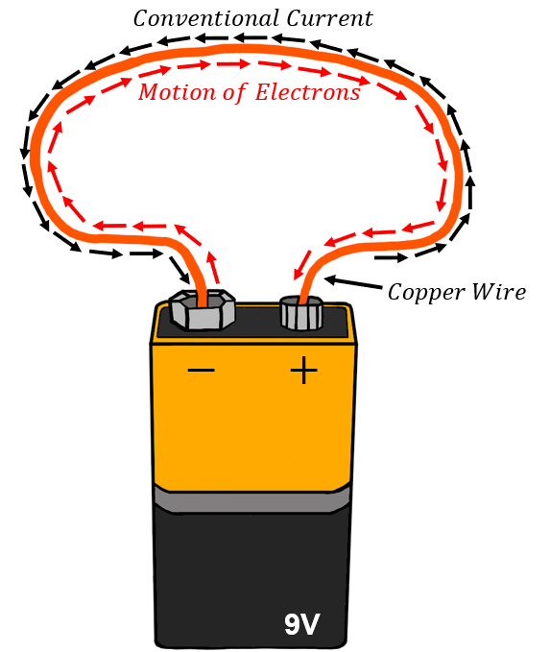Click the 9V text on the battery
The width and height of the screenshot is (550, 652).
pyautogui.click(x=302, y=624)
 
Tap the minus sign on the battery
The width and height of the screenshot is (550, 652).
pyautogui.click(x=202, y=371)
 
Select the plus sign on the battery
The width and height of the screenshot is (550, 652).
pyautogui.click(x=303, y=371)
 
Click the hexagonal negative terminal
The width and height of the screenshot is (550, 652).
pyautogui.click(x=202, y=310)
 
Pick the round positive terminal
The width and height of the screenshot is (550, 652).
pyautogui.click(x=301, y=313)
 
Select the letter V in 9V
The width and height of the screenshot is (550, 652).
pyautogui.click(x=313, y=624)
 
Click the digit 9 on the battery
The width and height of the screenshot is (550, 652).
pyautogui.click(x=292, y=624)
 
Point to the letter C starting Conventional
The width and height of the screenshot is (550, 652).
pyautogui.click(x=141, y=17)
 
